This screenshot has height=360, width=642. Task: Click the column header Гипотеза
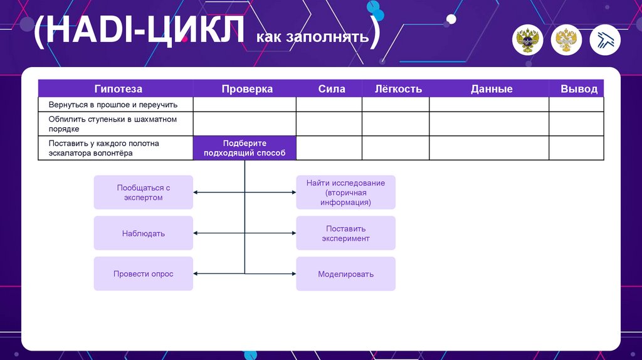click(118, 89)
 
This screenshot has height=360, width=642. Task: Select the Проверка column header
click(246, 89)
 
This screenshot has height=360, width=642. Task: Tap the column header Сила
click(332, 89)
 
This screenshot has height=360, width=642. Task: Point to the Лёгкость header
click(398, 89)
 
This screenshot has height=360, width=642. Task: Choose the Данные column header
click(492, 89)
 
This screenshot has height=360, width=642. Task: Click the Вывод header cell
click(579, 89)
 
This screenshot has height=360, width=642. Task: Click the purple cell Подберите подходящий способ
click(245, 148)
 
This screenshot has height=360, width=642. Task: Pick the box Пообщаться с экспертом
click(144, 193)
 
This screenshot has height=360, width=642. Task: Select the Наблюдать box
click(144, 233)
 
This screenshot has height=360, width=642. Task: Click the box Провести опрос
click(144, 274)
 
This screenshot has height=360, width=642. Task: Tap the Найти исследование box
click(345, 193)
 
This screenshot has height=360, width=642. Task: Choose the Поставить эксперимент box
click(345, 233)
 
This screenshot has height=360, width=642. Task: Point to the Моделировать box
click(345, 274)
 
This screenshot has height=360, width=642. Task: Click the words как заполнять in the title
click(312, 37)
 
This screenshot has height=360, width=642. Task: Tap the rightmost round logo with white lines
click(605, 41)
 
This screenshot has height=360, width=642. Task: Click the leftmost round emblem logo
click(529, 41)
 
